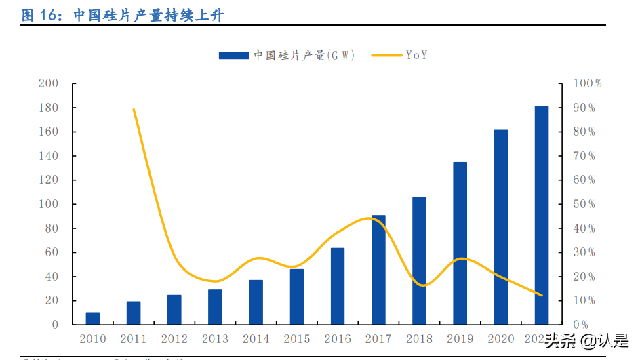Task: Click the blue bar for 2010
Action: [93, 318]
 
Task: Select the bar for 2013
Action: [215, 307]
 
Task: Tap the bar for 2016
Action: [338, 286]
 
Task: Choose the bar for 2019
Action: [460, 243]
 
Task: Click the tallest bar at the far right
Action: [541, 216]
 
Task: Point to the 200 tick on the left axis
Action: [49, 83]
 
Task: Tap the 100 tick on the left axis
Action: [49, 204]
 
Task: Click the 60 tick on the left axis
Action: [52, 252]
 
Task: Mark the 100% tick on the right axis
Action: [587, 83]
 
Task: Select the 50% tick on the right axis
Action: [584, 204]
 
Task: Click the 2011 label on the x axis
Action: [134, 338]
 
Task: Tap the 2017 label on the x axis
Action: [378, 338]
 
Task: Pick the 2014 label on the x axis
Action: [256, 338]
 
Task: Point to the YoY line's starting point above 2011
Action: [134, 109]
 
